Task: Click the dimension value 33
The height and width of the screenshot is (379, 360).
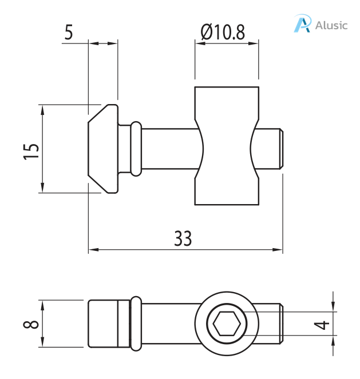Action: (183, 238)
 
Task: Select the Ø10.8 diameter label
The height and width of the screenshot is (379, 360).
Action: (223, 32)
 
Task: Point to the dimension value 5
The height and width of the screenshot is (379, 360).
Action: (69, 32)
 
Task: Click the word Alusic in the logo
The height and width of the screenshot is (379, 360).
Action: (331, 25)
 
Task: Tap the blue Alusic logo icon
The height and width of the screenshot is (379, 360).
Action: (302, 25)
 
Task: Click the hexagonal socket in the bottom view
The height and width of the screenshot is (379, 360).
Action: (227, 324)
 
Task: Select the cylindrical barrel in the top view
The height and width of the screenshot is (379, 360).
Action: (227, 146)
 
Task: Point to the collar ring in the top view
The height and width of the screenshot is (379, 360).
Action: (136, 148)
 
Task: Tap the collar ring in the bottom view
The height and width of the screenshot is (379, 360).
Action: (136, 324)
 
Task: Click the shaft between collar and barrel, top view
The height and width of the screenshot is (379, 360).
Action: (169, 148)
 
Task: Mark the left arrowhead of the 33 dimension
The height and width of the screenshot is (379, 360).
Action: (92, 250)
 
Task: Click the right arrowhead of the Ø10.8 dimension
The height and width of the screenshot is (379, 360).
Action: (255, 42)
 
